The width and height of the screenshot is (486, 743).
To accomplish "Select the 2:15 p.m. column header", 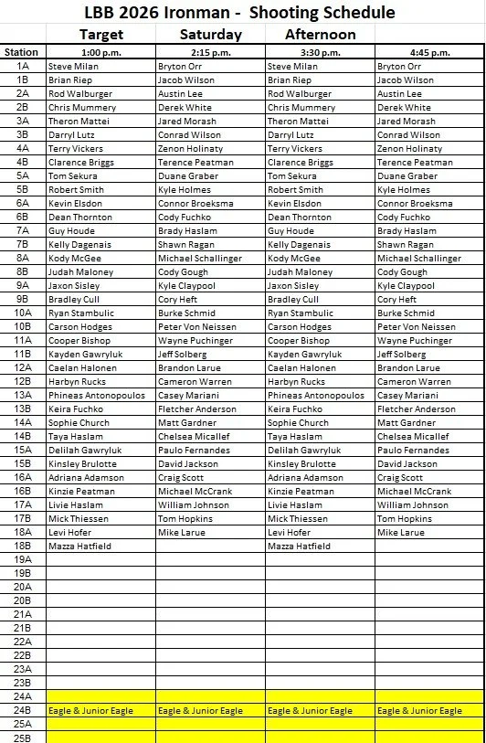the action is pyautogui.click(x=210, y=52).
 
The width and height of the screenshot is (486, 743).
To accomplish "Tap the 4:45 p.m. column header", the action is pyautogui.click(x=429, y=52).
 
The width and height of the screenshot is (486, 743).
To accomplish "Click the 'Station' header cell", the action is pyautogui.click(x=22, y=52).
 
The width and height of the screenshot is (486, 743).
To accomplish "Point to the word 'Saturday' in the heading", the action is pyautogui.click(x=210, y=35).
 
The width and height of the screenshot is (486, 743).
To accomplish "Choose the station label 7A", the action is pyautogui.click(x=23, y=231).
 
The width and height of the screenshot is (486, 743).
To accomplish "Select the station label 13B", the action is pyautogui.click(x=23, y=409).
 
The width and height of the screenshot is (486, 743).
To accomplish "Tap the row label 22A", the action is pyautogui.click(x=23, y=642).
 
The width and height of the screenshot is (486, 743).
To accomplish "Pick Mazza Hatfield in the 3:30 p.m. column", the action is pyautogui.click(x=299, y=547).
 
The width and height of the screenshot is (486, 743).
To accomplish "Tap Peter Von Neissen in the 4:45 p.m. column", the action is pyautogui.click(x=416, y=327).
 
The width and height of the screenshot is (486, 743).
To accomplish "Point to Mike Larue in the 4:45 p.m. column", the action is pyautogui.click(x=400, y=533).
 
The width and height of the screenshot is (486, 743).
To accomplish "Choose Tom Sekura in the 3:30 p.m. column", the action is pyautogui.click(x=292, y=176).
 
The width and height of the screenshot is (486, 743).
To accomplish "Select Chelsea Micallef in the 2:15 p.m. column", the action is pyautogui.click(x=195, y=437).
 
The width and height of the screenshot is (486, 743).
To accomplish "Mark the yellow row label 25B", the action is pyautogui.click(x=23, y=738).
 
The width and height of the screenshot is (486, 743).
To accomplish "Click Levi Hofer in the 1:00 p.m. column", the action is pyautogui.click(x=69, y=533).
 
